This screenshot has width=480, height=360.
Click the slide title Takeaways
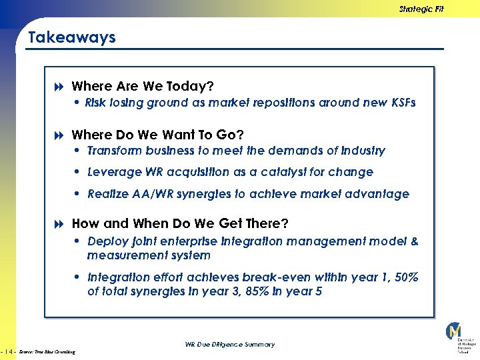pos(72,37)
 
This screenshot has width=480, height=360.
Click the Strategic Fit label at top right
pos(421,9)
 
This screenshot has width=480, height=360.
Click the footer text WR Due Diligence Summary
pos(229,345)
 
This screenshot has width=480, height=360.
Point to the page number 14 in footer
pos(9,351)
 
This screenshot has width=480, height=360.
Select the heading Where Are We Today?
pos(142,86)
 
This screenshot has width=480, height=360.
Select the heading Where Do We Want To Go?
pos(157,135)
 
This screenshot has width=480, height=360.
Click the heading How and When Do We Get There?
pos(180,223)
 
